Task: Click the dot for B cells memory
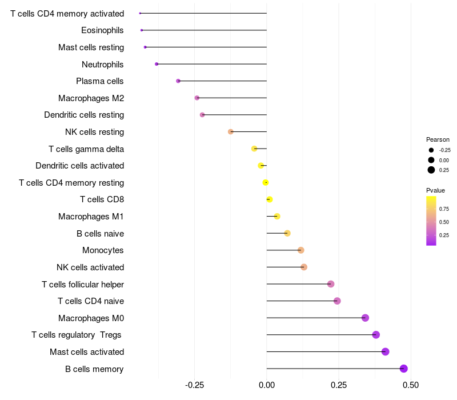coord(404,369)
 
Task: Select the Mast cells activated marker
coord(385,351)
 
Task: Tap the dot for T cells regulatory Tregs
coord(376,335)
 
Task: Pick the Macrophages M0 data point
coord(365,318)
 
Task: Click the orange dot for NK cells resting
coord(231,132)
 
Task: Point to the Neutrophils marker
coord(157,64)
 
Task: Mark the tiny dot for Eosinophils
coord(142,30)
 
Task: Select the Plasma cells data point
coord(178,81)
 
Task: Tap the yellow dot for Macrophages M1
coord(277,217)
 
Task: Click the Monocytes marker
coord(301,250)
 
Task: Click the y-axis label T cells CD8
coord(102,199)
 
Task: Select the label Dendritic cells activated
coord(80,166)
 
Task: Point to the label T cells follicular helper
coord(83,284)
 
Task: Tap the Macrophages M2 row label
coord(91,98)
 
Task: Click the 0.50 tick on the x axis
coord(411,385)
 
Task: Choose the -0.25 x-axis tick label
coord(194,385)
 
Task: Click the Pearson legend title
coord(438,139)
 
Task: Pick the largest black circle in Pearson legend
coord(431,170)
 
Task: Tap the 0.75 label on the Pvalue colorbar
coord(444,209)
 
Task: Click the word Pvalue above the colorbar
coord(435,190)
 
